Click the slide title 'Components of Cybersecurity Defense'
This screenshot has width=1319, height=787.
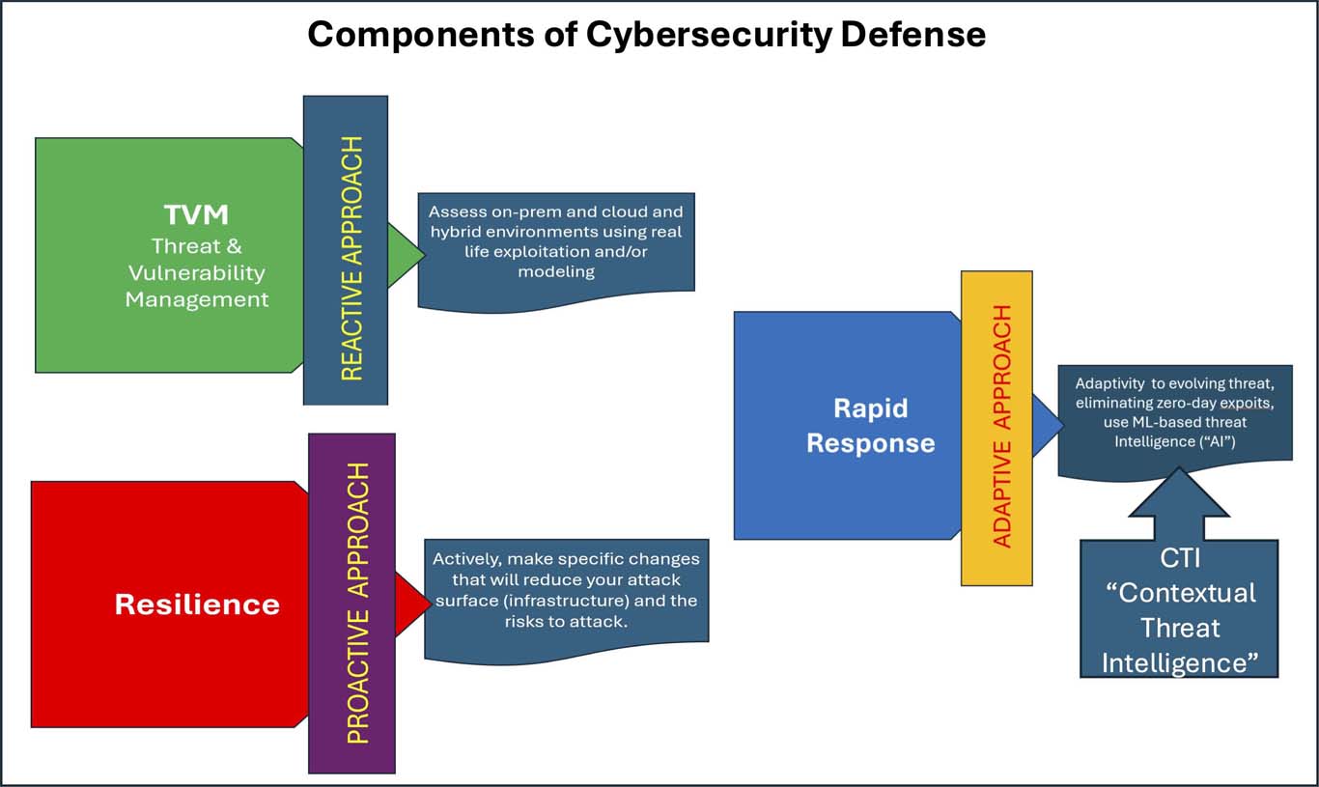coord(646,35)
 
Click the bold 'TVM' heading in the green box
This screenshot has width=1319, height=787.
coord(196,214)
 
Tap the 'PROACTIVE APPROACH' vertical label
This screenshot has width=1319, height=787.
coord(358,603)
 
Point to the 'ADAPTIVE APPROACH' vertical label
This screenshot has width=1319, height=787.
coord(1002,426)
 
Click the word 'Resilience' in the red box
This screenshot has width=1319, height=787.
coord(197,604)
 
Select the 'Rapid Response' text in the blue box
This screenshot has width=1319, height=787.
coord(870,425)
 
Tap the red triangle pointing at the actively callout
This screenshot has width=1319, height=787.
coord(409,603)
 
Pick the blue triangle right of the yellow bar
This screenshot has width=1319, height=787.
coord(1045,425)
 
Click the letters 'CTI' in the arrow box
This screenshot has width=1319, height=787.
coord(1179,559)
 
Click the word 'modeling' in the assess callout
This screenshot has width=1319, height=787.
coord(555,271)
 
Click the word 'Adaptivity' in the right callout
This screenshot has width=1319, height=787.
coord(1111,383)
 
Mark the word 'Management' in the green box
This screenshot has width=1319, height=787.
coord(197,299)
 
